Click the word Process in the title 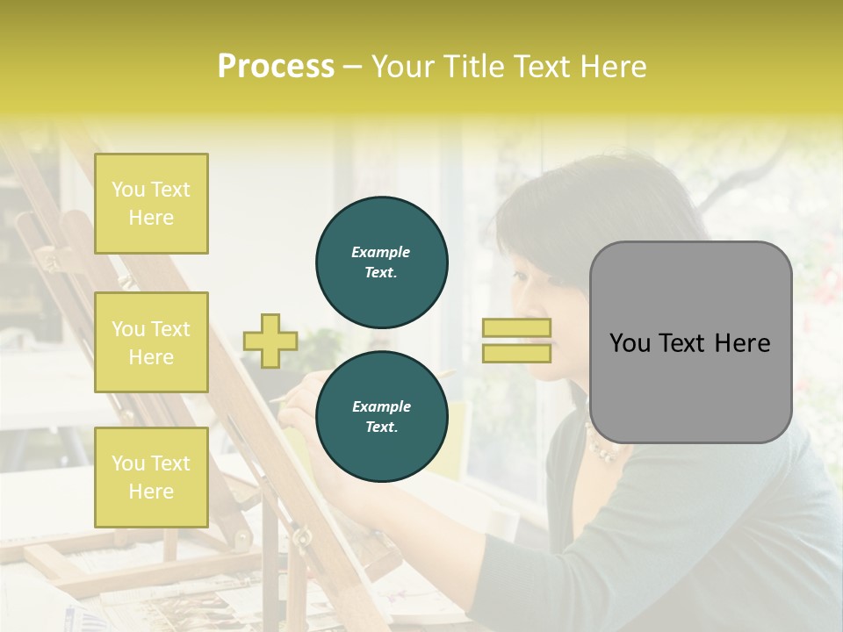276,67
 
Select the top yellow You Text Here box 151,204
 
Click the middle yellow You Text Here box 151,342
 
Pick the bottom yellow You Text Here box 151,477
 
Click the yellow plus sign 270,341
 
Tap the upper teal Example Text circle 381,262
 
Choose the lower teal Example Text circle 381,416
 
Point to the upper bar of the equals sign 516,328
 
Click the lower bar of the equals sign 516,353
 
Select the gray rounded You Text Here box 690,342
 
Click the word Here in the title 613,67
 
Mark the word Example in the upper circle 381,252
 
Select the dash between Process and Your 352,67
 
